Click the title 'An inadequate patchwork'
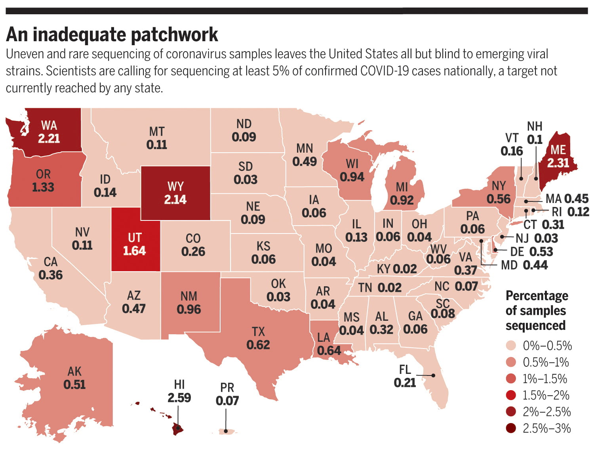(x=112, y=35)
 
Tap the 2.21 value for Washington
(x=49, y=138)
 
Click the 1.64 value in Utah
(x=134, y=251)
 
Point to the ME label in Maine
(x=558, y=150)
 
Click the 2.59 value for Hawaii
(x=179, y=398)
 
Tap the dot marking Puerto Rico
(x=226, y=431)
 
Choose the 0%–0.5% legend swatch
(x=511, y=346)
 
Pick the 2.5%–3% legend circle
(x=511, y=428)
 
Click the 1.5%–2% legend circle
(x=511, y=395)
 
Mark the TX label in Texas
(x=258, y=331)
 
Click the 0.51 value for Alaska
(x=74, y=384)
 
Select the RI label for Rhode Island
(x=556, y=212)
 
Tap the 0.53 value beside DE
(x=541, y=252)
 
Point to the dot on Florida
(x=434, y=375)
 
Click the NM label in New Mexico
(x=189, y=296)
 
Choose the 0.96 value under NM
(x=189, y=309)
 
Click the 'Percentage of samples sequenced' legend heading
(x=537, y=310)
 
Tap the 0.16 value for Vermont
(x=512, y=151)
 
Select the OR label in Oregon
(x=43, y=174)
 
